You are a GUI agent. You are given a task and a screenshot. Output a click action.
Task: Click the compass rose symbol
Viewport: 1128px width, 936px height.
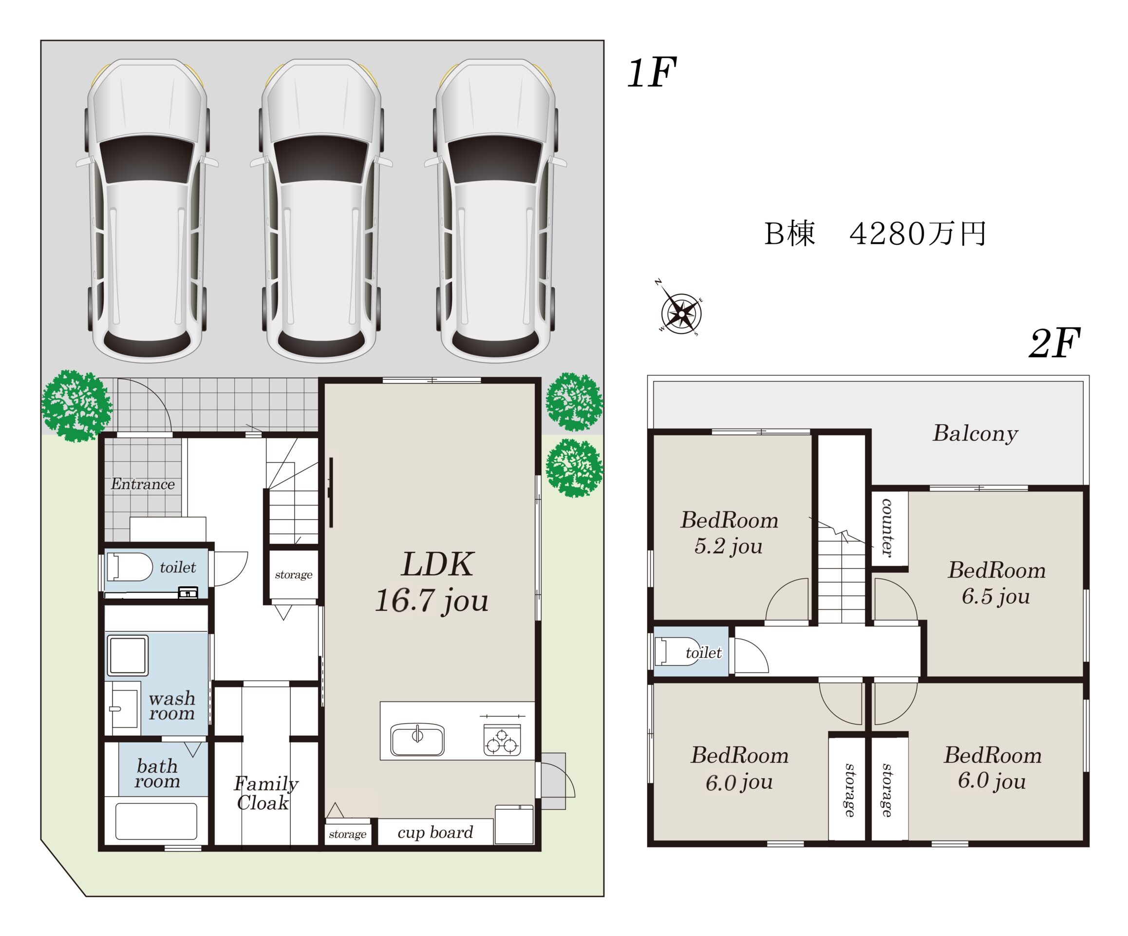coord(681,312)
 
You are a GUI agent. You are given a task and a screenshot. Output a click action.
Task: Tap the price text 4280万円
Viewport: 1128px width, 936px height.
coord(918,234)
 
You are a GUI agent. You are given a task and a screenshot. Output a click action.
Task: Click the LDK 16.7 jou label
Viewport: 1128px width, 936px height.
coord(433,583)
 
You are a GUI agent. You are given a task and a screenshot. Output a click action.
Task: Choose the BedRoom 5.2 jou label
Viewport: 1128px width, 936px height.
coord(730,533)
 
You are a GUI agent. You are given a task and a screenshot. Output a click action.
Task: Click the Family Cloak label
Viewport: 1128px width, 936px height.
coord(265,793)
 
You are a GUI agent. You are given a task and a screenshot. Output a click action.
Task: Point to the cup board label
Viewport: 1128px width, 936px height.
coord(435,833)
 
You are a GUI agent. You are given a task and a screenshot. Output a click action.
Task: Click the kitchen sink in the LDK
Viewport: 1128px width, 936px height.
coord(417,740)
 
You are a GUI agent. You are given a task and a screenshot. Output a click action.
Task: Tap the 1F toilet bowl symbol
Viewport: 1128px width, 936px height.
coord(130,567)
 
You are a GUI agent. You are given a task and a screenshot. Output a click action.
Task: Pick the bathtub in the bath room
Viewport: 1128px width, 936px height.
coord(156,821)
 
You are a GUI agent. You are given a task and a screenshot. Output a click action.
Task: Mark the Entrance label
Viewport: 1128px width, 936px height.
coord(143,485)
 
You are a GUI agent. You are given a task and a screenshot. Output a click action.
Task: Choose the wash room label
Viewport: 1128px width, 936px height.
coord(172,706)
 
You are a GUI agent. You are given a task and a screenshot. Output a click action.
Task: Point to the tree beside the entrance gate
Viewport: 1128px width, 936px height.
coord(77,406)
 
